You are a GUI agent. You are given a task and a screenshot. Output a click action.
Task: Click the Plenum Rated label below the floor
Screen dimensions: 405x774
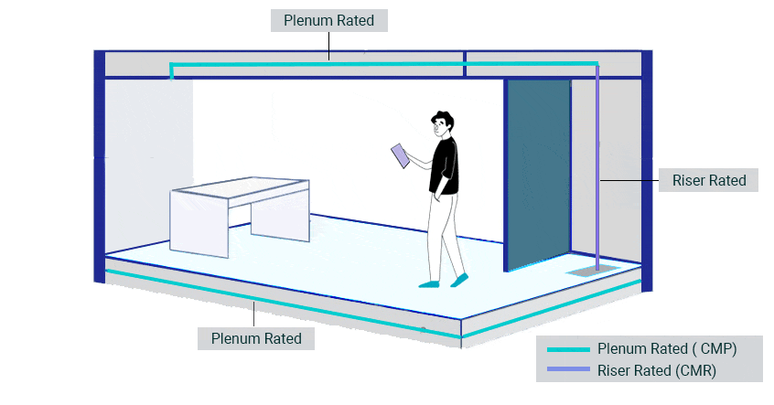(x=256, y=338)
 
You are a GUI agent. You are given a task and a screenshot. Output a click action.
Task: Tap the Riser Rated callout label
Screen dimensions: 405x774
(x=709, y=180)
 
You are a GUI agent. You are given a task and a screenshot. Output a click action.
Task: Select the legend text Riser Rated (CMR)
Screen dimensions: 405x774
(x=656, y=370)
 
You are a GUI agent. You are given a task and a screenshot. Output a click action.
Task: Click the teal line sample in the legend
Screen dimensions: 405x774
(x=567, y=349)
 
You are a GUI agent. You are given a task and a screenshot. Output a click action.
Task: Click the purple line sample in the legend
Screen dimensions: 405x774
(x=567, y=370)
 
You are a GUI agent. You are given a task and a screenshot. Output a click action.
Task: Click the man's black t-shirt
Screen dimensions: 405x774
(x=446, y=165)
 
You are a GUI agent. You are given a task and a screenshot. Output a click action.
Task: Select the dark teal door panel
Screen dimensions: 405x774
(x=538, y=174)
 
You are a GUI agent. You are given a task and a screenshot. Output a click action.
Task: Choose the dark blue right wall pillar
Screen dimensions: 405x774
(x=647, y=165)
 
